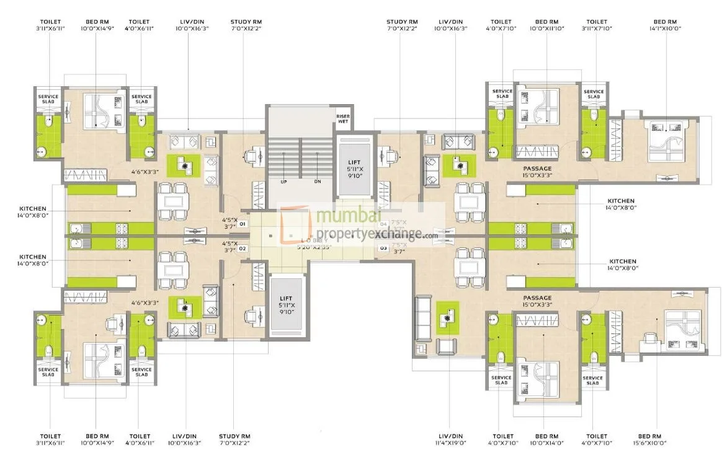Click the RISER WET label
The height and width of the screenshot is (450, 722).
[343, 118]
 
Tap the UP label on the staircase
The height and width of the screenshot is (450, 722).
[284, 182]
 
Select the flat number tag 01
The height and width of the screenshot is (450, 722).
[243, 223]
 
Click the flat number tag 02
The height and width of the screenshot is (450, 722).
[243, 248]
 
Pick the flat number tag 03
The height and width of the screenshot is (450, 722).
[383, 248]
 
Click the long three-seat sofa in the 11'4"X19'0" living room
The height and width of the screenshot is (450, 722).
[424, 319]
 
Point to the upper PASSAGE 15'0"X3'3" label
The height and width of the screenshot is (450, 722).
[537, 171]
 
